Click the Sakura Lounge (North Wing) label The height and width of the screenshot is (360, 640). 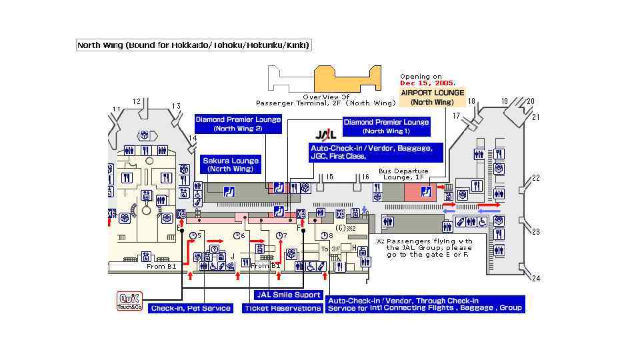click(x=231, y=165)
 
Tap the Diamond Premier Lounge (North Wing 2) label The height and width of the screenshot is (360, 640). click(x=238, y=123)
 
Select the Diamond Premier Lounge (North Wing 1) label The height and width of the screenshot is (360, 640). click(x=386, y=127)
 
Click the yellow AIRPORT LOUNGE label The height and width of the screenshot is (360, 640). click(x=432, y=98)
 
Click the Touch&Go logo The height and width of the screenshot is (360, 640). click(x=131, y=301)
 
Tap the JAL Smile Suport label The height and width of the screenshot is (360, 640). click(x=288, y=295)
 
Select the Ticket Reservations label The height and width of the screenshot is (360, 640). click(x=283, y=308)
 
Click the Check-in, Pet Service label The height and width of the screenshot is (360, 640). click(x=190, y=308)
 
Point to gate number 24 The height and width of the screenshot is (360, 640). click(x=535, y=279)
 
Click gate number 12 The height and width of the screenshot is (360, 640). click(x=137, y=102)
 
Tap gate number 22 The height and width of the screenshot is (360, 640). click(x=535, y=178)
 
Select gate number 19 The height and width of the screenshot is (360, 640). click(x=505, y=101)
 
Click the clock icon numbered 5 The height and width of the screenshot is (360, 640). click(x=193, y=236)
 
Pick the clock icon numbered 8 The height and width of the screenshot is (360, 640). click(x=324, y=236)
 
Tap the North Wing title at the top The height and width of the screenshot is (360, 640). click(x=194, y=45)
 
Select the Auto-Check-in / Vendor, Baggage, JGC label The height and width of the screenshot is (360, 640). click(x=375, y=152)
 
